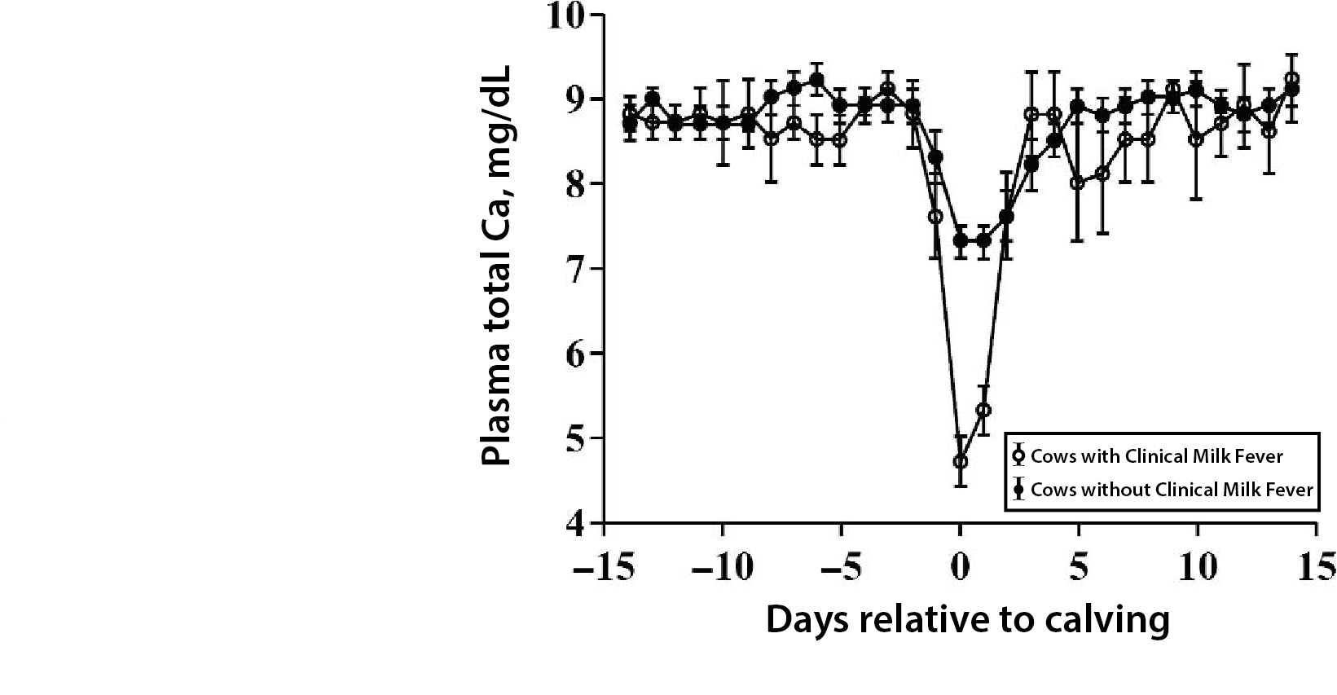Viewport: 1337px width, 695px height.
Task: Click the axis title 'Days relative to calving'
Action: (967, 620)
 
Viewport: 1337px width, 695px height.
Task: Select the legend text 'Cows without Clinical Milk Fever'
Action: (1172, 490)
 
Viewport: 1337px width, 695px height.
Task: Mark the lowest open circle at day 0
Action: (961, 461)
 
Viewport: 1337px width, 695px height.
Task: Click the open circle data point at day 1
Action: (984, 410)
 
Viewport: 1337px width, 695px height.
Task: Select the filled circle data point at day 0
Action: (961, 240)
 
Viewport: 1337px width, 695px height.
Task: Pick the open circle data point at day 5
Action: (1078, 183)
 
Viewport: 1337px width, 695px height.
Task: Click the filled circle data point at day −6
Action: (817, 80)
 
